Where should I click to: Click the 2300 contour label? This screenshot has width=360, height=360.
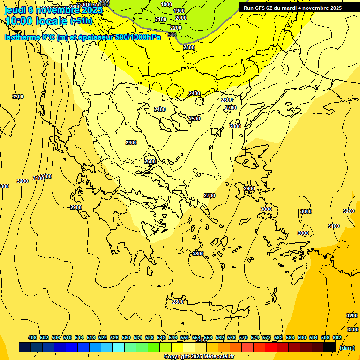tap(189, 47)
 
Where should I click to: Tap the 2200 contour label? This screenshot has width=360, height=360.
tap(176, 28)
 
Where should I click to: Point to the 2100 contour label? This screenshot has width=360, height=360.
tap(161, 19)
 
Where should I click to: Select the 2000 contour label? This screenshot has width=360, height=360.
tap(181, 18)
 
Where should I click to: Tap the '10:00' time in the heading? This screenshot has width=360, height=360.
tap(19, 21)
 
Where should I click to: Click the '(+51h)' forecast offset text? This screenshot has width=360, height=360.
tap(81, 21)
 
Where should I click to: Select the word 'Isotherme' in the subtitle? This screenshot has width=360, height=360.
tap(22, 37)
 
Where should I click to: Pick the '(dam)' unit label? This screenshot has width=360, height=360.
tap(347, 347)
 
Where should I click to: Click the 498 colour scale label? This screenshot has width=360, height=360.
tap(32, 337)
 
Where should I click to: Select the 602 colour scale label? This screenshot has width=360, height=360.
tap(337, 337)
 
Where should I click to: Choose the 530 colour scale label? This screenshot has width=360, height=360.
tap(126, 337)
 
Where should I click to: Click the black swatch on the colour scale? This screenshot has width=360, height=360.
tap(330, 347)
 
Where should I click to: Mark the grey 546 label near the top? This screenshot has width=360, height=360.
tap(172, 35)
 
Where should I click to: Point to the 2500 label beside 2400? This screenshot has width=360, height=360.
tap(195, 119)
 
